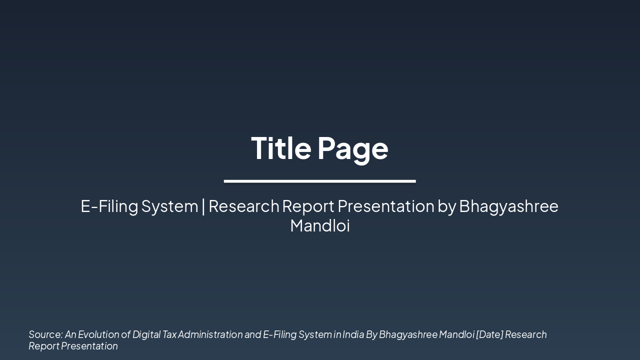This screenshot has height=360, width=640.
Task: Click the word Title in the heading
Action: point(281,148)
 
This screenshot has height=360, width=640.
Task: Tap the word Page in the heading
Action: point(352,149)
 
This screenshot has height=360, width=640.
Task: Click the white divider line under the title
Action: point(319,181)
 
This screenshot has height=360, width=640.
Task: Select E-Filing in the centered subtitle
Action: point(109,206)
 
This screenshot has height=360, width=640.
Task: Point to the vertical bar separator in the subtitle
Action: point(203,206)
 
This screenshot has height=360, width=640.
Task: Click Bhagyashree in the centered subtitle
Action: point(508,206)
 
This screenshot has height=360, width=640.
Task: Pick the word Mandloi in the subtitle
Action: point(320,225)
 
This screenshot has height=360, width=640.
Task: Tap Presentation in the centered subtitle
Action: point(385,206)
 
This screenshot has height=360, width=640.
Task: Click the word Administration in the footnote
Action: point(210,334)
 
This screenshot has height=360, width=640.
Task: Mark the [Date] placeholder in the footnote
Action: point(489,334)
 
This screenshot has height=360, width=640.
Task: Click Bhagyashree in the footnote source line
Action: point(407,334)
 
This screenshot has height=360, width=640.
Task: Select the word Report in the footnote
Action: point(43,346)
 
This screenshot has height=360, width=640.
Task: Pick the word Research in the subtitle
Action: point(244,206)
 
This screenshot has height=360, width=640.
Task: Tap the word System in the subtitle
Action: point(169,206)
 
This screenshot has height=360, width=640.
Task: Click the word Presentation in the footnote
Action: point(89,346)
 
